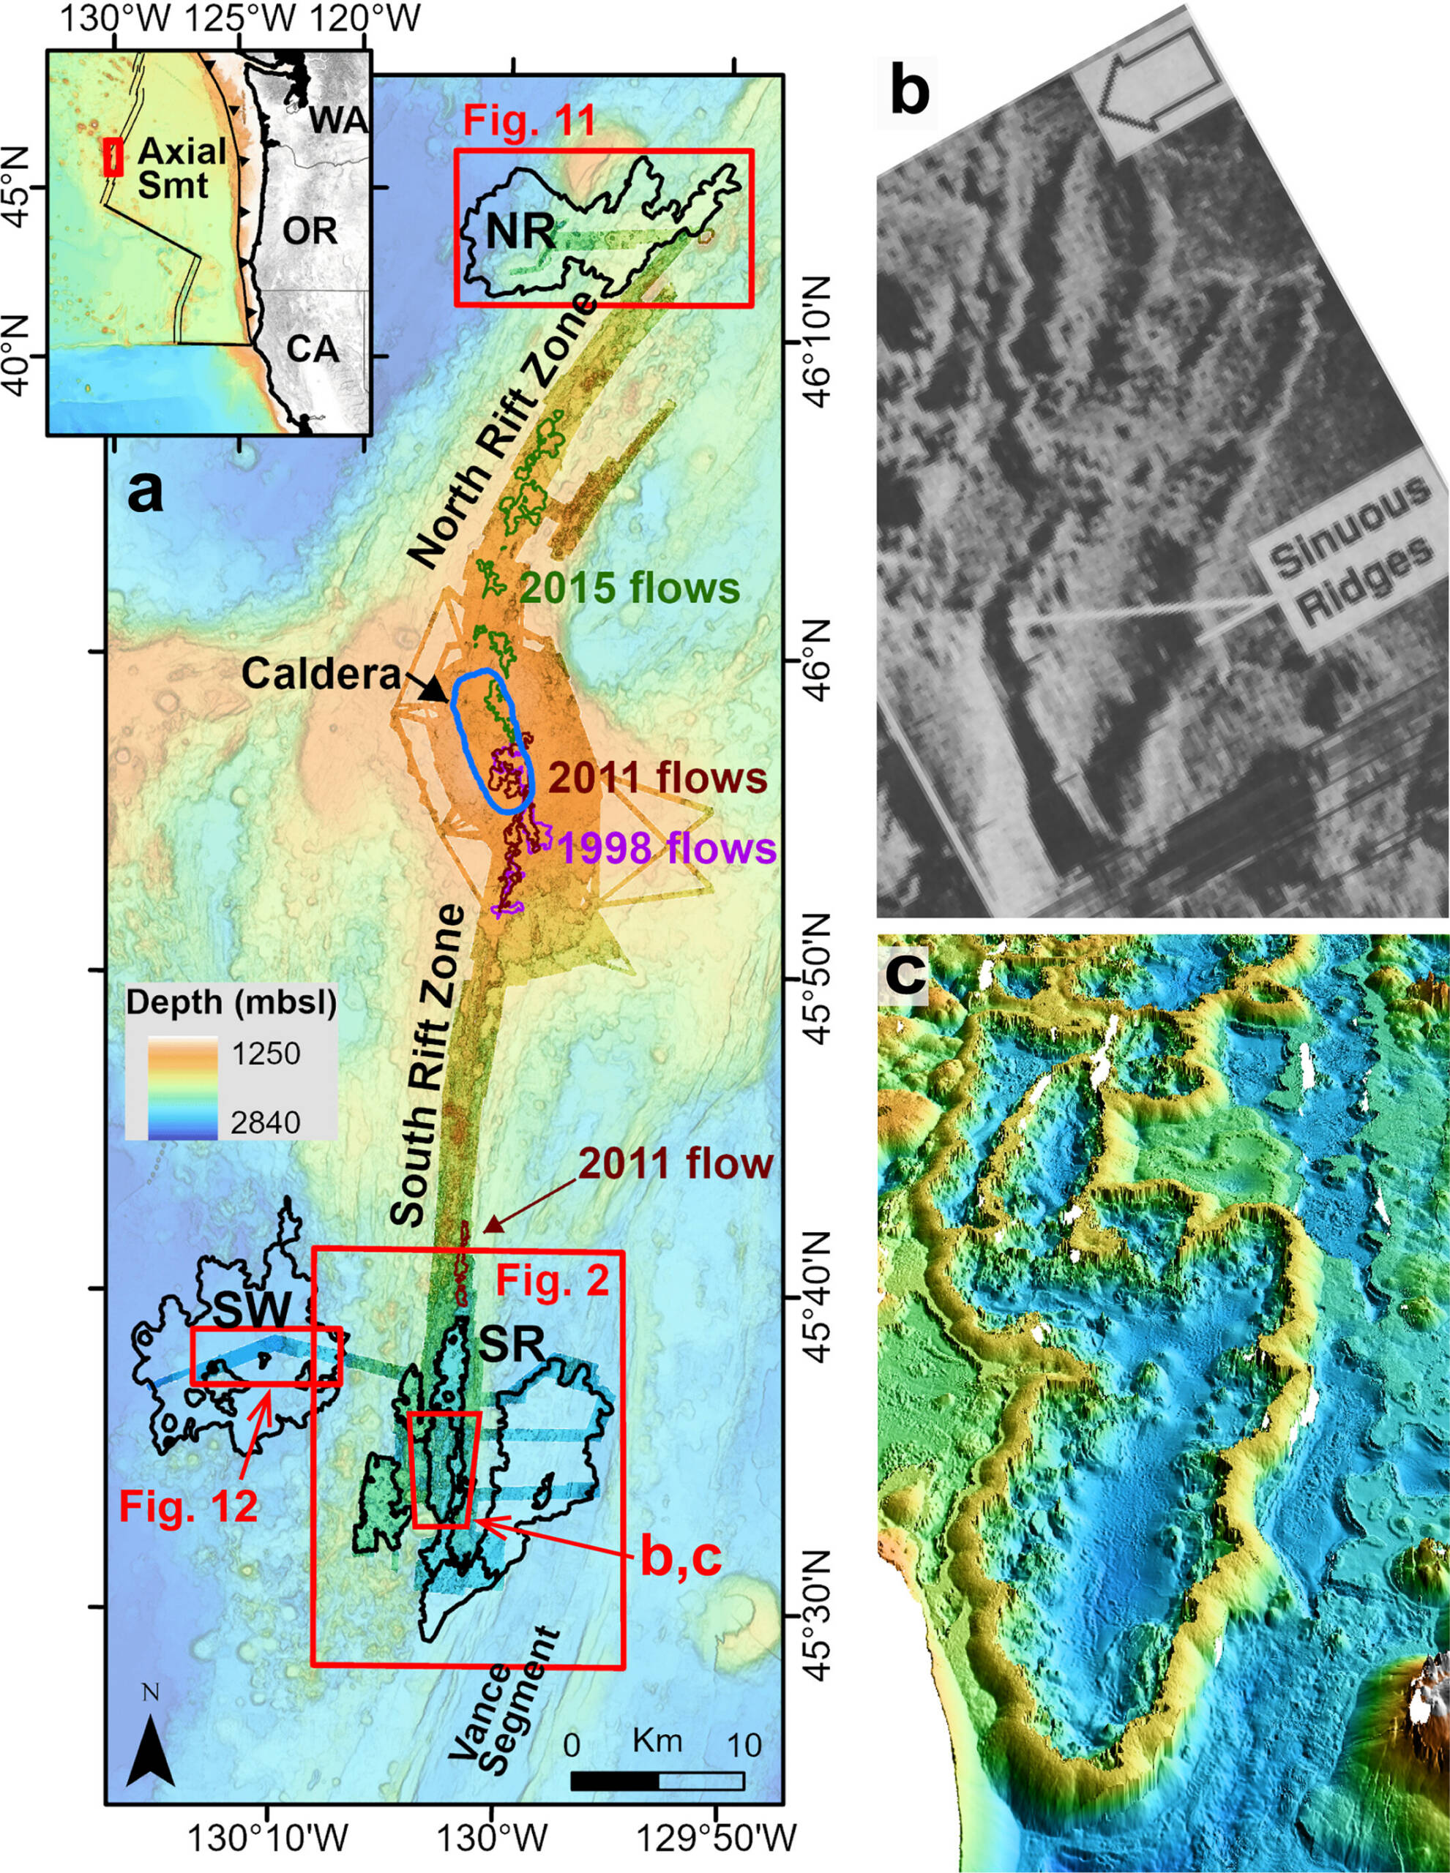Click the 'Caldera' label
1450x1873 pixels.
point(321,674)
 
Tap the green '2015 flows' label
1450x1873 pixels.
point(629,588)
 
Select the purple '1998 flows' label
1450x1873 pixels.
point(668,848)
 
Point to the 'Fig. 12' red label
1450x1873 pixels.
point(188,1506)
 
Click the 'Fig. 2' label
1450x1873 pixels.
point(553,1281)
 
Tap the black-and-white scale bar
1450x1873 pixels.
point(657,1779)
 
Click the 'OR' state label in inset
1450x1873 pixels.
point(310,231)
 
